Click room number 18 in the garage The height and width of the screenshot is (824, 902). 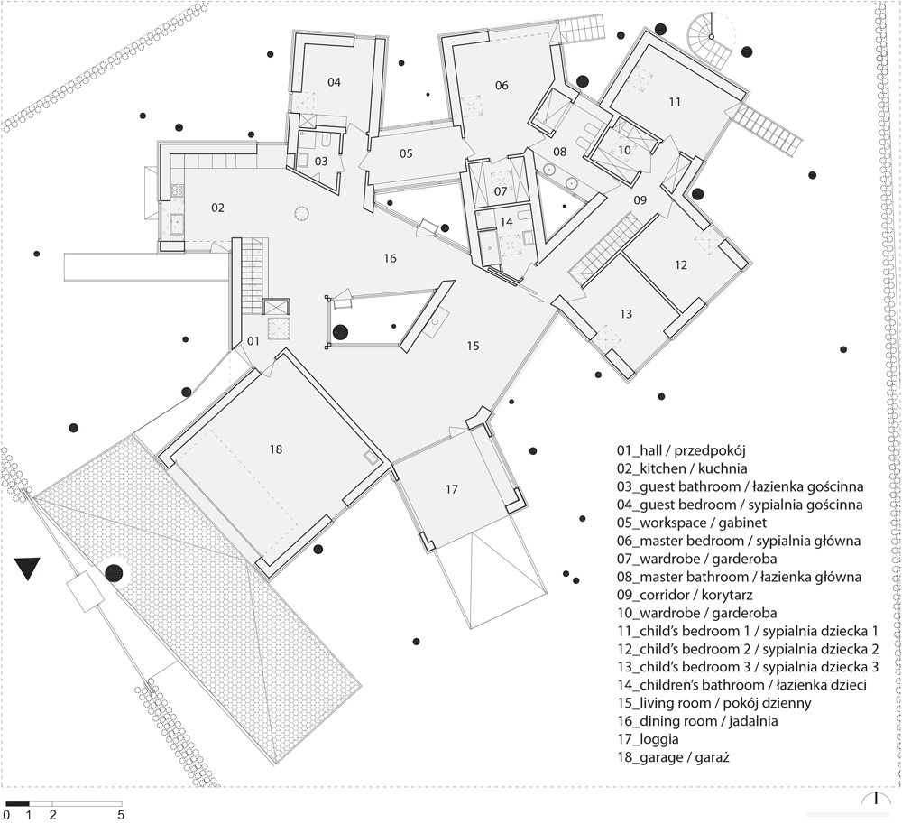[x=276, y=449]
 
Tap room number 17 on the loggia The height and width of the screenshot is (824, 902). [x=452, y=489]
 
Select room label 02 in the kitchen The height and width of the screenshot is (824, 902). [x=217, y=208]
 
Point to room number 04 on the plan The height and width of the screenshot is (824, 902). [x=335, y=82]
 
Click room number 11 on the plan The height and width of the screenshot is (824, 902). [x=675, y=102]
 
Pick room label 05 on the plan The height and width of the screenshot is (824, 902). [x=406, y=153]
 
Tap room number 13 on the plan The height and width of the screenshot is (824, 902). [x=626, y=314]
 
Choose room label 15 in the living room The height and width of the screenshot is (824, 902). [x=473, y=346]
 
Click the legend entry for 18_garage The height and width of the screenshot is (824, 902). [x=673, y=757]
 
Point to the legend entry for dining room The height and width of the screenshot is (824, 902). [x=697, y=721]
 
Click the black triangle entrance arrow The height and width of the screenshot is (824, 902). [x=27, y=567]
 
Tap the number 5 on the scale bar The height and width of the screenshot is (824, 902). [x=121, y=815]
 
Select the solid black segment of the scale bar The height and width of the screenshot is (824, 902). [x=17, y=803]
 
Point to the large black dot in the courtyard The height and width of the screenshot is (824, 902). [x=341, y=332]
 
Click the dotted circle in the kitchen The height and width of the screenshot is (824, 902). [x=302, y=214]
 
